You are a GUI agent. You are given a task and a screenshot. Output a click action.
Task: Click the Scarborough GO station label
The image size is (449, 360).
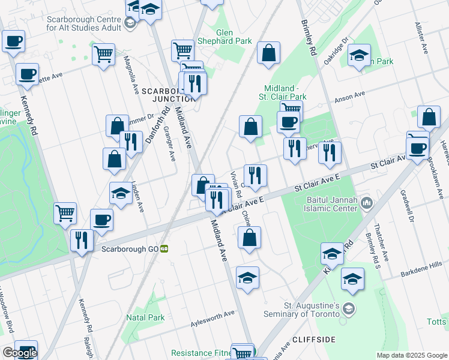coord(130,248)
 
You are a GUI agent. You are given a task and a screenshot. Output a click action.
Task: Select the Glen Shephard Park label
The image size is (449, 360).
coord(233,38)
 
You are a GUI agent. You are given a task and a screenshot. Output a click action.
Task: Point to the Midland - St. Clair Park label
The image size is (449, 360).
coord(283,92)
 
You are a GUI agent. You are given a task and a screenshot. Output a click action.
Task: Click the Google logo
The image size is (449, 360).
coord(20,353)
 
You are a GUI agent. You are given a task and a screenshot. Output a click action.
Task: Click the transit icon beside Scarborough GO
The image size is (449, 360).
coord(164,248)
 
